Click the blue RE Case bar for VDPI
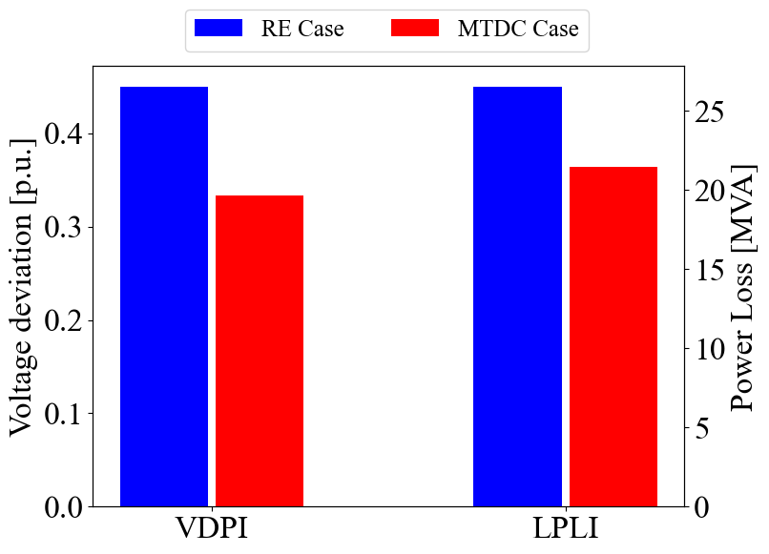click(164, 296)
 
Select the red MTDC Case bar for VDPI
click(260, 350)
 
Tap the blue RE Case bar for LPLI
click(517, 296)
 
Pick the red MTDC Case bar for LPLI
click(613, 336)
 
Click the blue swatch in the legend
click(218, 29)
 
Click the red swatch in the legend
click(415, 29)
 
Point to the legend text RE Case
click(302, 30)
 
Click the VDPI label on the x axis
click(212, 529)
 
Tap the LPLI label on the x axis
click(565, 529)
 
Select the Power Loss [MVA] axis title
click(742, 286)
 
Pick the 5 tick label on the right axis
click(703, 427)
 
